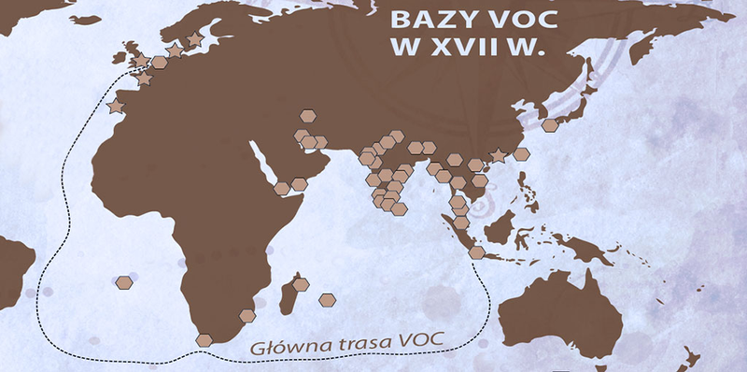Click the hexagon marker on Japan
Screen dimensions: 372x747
(x=550, y=124)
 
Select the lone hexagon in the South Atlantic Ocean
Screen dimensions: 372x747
(x=124, y=281)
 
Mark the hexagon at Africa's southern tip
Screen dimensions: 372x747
(x=204, y=339)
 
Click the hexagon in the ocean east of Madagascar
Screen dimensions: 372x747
(x=327, y=300)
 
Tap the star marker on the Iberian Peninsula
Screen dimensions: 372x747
(x=116, y=108)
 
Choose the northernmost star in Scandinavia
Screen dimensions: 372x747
(x=194, y=40)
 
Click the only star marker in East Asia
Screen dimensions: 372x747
(x=499, y=155)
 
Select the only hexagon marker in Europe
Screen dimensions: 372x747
(x=160, y=63)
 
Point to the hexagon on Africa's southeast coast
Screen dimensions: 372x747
(x=247, y=316)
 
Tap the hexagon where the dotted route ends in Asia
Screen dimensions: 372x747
(x=476, y=252)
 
